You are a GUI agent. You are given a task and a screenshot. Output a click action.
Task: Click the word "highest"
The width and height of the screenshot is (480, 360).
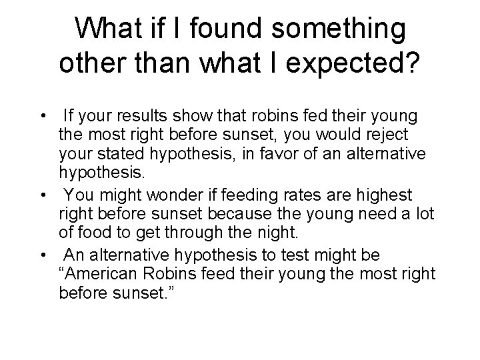tap(388, 196)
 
